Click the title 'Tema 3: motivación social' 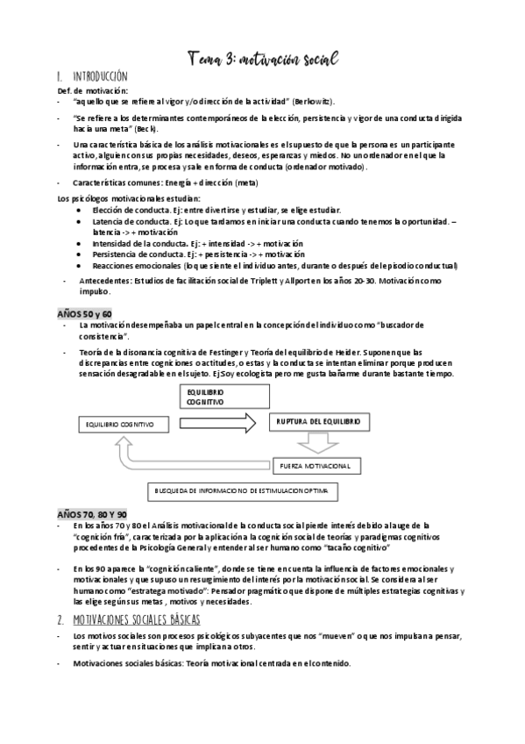pyautogui.click(x=262, y=57)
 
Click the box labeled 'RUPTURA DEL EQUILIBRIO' pyautogui.click(x=317, y=423)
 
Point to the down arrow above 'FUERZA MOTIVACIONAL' pyautogui.click(x=317, y=445)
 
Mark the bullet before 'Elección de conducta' pyautogui.click(x=82, y=211)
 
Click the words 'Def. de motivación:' pyautogui.click(x=93, y=90)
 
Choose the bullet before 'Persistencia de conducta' pyautogui.click(x=82, y=253)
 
